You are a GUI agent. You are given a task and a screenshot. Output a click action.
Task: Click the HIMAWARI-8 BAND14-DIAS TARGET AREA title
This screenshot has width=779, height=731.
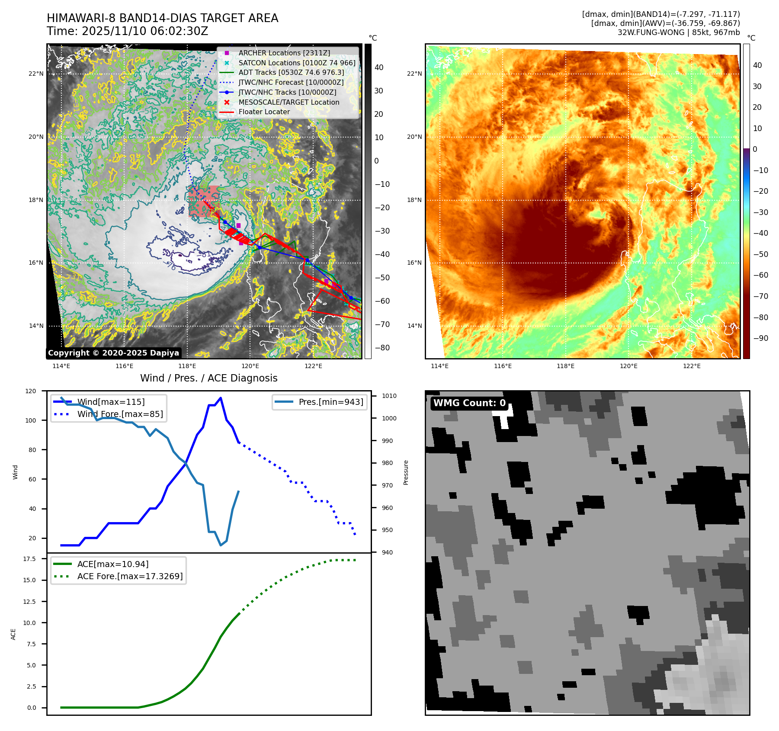(x=162, y=18)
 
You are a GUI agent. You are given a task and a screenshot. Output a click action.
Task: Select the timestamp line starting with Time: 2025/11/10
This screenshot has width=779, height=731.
(x=128, y=31)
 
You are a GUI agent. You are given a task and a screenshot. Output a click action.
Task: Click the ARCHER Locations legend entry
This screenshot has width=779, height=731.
(x=284, y=53)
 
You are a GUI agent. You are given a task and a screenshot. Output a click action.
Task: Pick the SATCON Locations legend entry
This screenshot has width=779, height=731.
(x=297, y=63)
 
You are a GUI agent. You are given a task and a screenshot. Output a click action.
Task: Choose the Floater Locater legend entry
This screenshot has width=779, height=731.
(x=264, y=112)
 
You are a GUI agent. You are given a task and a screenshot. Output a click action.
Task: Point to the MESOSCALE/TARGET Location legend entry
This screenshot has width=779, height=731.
(x=289, y=102)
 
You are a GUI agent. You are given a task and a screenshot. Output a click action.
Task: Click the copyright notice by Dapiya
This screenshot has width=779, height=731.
(x=113, y=353)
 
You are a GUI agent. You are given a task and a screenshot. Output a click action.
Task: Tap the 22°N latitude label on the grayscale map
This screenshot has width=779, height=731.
(x=36, y=74)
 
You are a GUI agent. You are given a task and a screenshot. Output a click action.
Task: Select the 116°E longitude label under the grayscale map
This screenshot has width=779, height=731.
(x=124, y=366)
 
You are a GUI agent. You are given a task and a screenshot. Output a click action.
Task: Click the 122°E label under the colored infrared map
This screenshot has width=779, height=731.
(x=692, y=366)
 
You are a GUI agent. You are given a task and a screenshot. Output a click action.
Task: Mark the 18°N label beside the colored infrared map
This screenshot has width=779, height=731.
(x=414, y=200)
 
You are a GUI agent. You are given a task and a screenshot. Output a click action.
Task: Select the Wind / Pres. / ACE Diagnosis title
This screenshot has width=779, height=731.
(x=208, y=378)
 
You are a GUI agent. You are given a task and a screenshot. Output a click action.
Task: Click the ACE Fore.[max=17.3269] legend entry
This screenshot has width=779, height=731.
(x=130, y=576)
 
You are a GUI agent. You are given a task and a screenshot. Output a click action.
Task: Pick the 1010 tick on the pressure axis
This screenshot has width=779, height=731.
(x=389, y=396)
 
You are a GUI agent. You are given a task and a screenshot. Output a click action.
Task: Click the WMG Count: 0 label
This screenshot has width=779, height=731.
(x=469, y=403)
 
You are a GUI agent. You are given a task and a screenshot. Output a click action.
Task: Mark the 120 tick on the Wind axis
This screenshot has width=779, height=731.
(x=31, y=391)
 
